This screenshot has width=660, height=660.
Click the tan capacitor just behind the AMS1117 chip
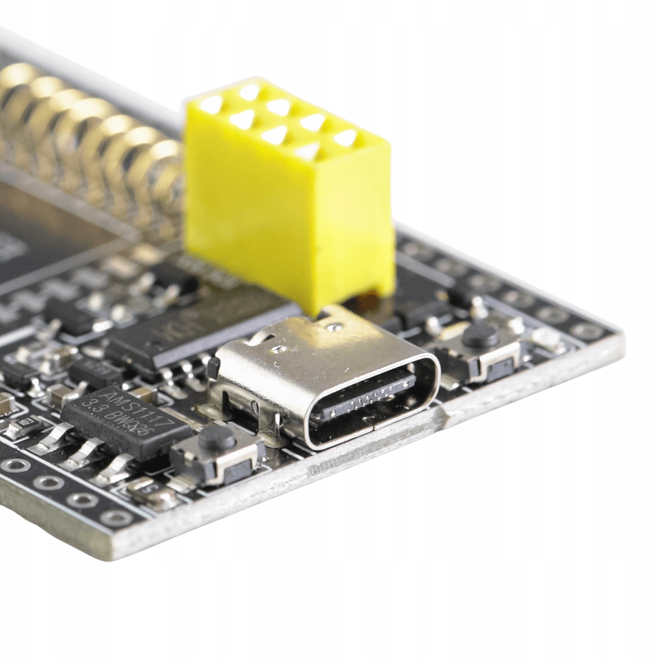point(143,393)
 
